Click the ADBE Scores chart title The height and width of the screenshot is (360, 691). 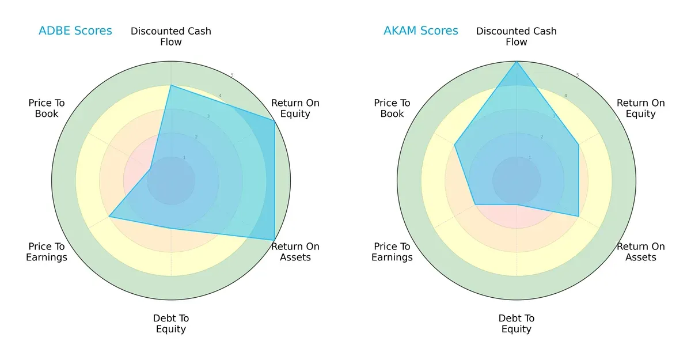click(x=75, y=31)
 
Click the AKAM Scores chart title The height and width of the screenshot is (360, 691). click(x=420, y=31)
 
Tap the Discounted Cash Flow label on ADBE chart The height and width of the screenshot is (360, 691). click(x=171, y=36)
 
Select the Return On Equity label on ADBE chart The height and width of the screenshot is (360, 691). click(x=295, y=108)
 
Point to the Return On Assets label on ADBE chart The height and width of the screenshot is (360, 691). click(x=295, y=252)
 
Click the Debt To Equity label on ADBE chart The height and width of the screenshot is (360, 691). click(x=171, y=324)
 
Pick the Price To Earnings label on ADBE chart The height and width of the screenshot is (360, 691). click(x=47, y=252)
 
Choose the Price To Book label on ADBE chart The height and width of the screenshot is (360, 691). click(x=47, y=108)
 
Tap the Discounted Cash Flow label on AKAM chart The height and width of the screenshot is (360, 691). click(x=517, y=36)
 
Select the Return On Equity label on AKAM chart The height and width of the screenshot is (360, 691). click(x=640, y=108)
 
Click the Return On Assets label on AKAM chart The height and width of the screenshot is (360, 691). click(x=640, y=252)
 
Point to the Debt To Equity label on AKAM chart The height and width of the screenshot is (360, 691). click(x=517, y=324)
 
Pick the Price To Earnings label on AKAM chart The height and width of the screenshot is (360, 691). click(x=392, y=252)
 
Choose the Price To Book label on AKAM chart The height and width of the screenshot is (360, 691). click(x=392, y=108)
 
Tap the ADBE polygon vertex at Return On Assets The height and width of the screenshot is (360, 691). click(x=274, y=240)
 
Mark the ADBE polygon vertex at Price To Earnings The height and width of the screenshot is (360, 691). click(x=109, y=217)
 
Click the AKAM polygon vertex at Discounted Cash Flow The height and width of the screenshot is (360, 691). click(x=517, y=62)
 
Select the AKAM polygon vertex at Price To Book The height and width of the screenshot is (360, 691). click(x=455, y=145)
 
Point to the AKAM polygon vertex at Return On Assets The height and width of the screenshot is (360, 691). click(x=578, y=216)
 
